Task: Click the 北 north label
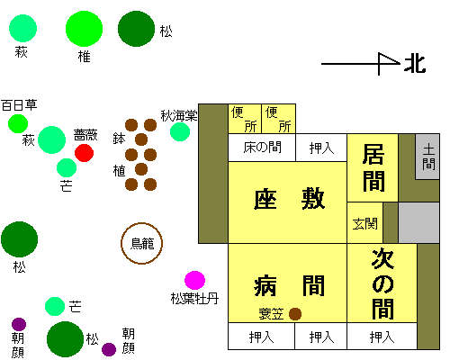tap(415, 64)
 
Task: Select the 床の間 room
tap(262, 148)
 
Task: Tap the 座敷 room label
tap(289, 199)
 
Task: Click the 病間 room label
tap(289, 285)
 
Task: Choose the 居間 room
tap(373, 167)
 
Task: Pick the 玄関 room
tap(364, 223)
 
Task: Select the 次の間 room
tap(382, 283)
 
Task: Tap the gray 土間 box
tap(427, 157)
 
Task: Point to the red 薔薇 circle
tap(84, 153)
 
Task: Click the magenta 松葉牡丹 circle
tap(194, 281)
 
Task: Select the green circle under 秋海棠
tap(180, 131)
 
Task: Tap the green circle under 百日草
tap(18, 123)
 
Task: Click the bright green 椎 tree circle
tap(85, 29)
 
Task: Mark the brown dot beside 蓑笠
tap(295, 314)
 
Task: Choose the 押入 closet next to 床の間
tap(321, 148)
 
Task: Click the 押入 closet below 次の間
tap(382, 337)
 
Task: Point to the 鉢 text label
tap(119, 139)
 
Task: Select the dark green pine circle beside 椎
tap(137, 29)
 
